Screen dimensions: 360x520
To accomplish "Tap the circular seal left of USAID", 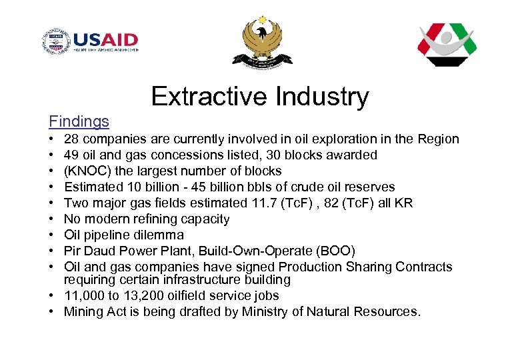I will [x=56, y=42].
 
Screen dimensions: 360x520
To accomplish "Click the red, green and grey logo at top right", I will [x=447, y=45].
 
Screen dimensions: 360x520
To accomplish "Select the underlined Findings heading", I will [x=79, y=121].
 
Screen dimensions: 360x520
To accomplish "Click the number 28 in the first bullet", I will [x=71, y=139].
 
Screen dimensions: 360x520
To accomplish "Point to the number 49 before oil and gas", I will [x=71, y=155].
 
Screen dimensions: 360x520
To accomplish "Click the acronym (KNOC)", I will [x=85, y=171].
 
